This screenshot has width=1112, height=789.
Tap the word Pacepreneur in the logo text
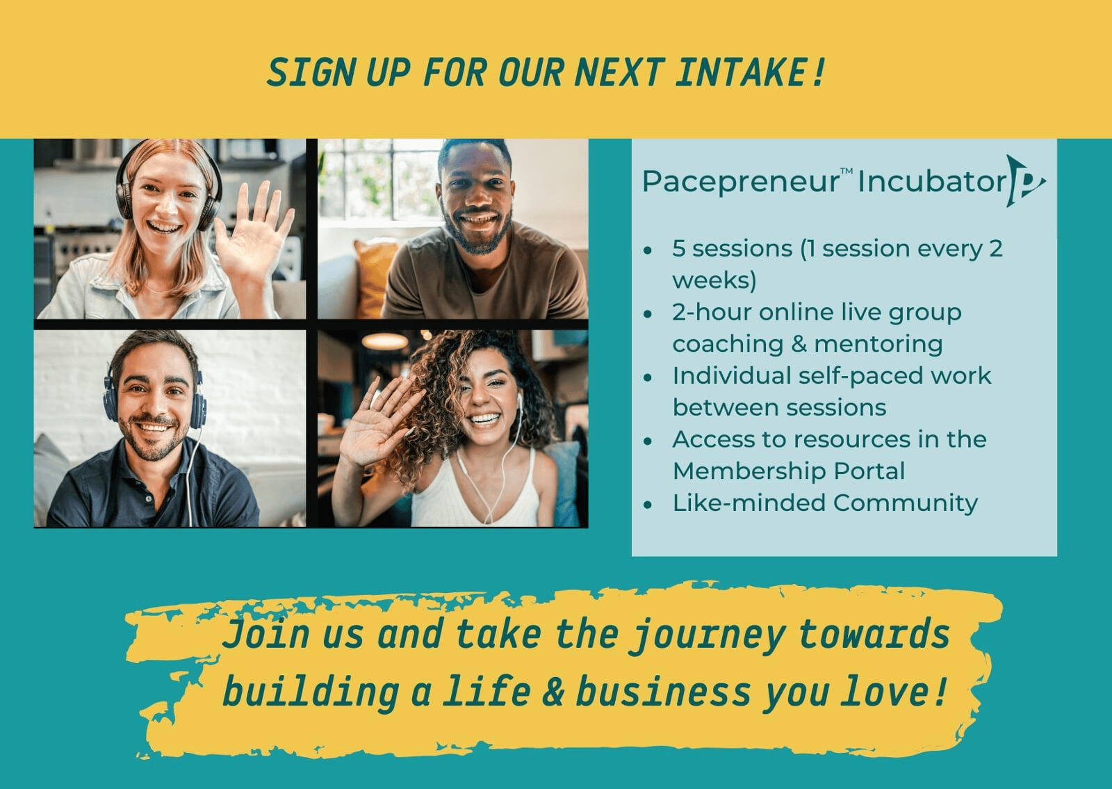pos(740,182)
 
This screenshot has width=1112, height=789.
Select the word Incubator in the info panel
pos(932,181)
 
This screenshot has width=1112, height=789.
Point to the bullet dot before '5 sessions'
pos(647,251)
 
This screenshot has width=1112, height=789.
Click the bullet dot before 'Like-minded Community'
pos(647,505)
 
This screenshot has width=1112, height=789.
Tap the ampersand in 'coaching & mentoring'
pos(799,344)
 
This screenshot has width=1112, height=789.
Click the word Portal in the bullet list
pos(869,471)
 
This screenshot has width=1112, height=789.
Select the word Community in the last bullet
pos(906,503)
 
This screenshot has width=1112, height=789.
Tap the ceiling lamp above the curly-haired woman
pos(385,341)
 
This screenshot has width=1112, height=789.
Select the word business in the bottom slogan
pos(663,692)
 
